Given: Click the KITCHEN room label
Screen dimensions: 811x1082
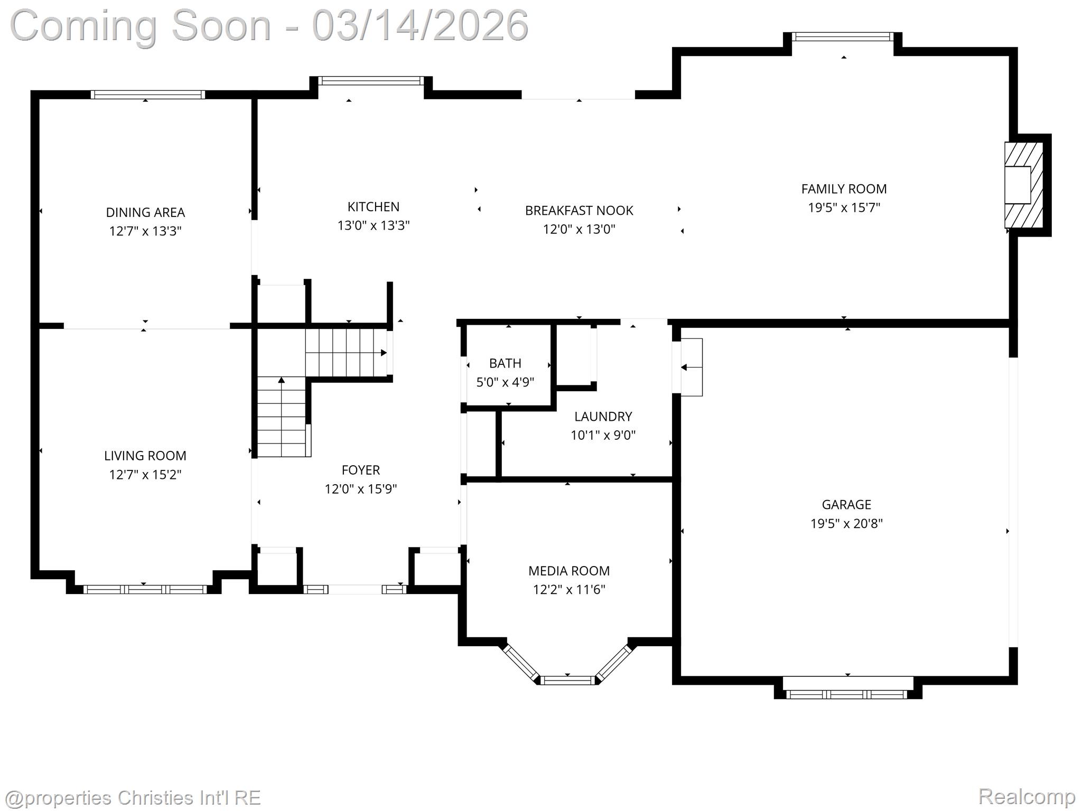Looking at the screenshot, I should (373, 206).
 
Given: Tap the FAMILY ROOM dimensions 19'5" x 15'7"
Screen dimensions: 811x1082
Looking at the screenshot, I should (844, 208).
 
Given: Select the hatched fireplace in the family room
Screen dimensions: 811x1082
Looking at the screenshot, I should (1023, 185).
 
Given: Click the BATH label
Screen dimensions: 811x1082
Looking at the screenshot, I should (505, 363).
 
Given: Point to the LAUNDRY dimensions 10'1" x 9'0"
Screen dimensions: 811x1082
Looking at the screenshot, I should (603, 435).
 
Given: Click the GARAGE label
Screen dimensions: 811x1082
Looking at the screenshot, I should (846, 504).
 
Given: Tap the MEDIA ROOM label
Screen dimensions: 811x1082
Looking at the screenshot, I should (569, 571).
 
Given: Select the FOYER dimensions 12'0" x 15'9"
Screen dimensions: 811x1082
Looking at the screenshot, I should (360, 489).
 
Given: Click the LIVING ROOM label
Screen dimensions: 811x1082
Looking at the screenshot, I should (145, 456).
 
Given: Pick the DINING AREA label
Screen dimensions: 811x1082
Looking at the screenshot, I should (145, 212).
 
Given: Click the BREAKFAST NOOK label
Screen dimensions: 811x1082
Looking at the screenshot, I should (579, 210).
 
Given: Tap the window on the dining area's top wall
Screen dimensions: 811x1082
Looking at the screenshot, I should (147, 95).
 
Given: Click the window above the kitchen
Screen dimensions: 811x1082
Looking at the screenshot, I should (370, 81).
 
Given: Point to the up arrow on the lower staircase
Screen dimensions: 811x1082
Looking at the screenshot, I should (282, 380).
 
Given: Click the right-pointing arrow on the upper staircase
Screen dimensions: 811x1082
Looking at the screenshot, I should (384, 353).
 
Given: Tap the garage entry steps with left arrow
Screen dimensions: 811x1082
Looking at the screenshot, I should (691, 367).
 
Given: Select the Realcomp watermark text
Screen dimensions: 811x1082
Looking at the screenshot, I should (1026, 796).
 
